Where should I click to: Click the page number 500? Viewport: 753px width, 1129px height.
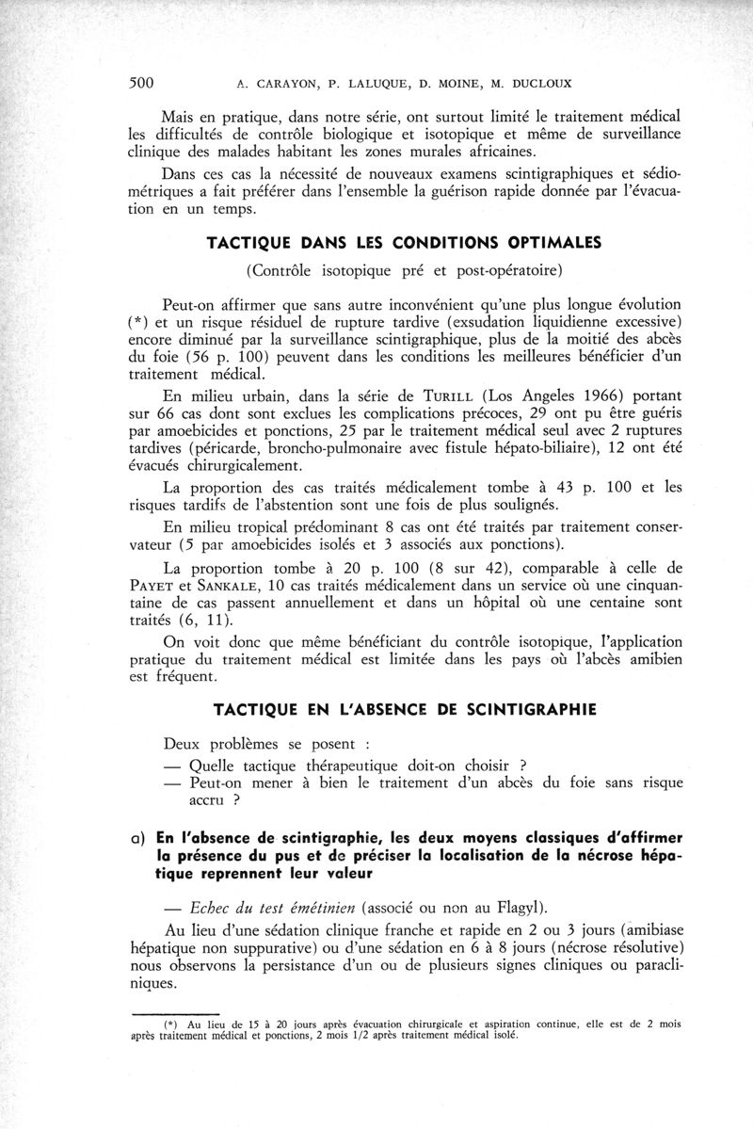tap(141, 82)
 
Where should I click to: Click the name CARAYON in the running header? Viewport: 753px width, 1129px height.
tap(283, 83)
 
